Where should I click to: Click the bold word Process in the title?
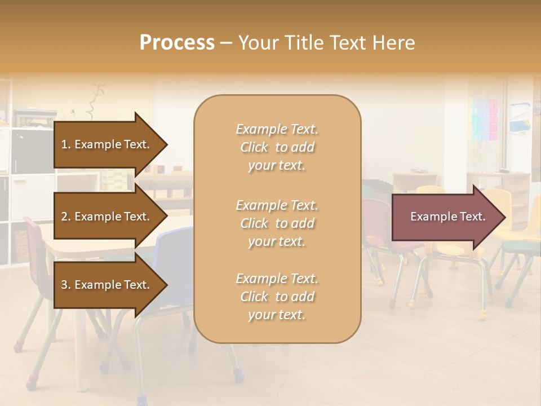pyautogui.click(x=177, y=43)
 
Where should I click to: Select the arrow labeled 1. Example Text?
pyautogui.click(x=107, y=144)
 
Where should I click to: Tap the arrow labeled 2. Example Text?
pyautogui.click(x=107, y=217)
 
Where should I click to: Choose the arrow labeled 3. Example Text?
pyautogui.click(x=107, y=285)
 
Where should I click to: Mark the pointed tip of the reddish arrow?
pyautogui.click(x=504, y=217)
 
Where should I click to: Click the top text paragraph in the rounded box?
pyautogui.click(x=277, y=147)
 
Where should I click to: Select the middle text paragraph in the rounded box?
pyautogui.click(x=277, y=223)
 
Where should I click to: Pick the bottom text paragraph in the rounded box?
pyautogui.click(x=277, y=297)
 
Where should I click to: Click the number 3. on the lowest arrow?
pyautogui.click(x=66, y=285)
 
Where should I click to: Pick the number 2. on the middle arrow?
pyautogui.click(x=66, y=217)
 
